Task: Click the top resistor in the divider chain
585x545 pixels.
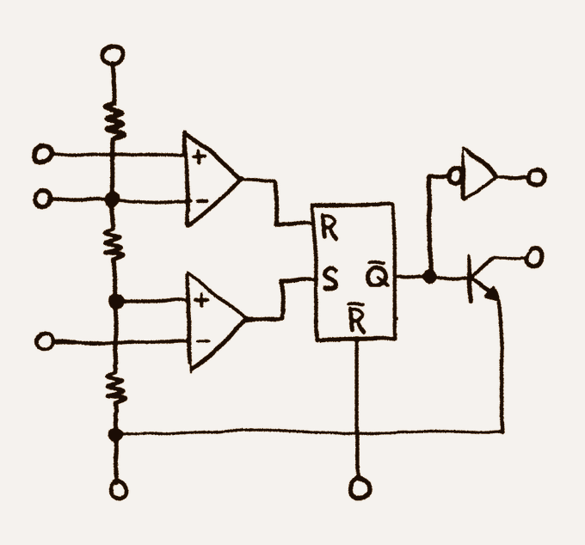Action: pos(114,120)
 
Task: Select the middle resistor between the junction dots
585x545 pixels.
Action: pos(114,244)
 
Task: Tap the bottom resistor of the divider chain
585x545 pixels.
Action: pos(116,389)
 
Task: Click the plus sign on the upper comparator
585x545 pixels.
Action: pos(200,157)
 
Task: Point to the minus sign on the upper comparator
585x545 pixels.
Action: pos(202,201)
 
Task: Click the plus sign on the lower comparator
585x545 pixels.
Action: pos(201,301)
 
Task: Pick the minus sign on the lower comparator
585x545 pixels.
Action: pos(202,340)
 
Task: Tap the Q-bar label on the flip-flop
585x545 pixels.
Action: pos(378,275)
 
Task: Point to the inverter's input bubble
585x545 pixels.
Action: pos(455,175)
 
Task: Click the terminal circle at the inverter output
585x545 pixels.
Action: pos(537,177)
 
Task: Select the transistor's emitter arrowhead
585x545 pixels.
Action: pos(492,293)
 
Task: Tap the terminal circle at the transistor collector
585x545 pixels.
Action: pos(534,257)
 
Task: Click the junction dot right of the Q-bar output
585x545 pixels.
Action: pos(429,277)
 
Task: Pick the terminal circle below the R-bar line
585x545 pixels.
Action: pos(360,487)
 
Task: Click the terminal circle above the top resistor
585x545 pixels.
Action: pos(113,55)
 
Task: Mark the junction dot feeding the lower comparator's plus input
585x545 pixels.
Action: pos(116,301)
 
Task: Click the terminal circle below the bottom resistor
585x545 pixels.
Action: pos(119,489)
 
